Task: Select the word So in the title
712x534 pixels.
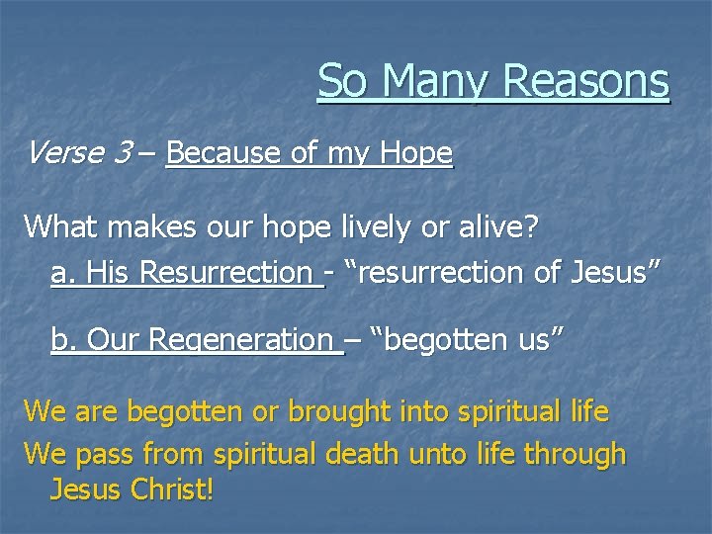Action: (344, 81)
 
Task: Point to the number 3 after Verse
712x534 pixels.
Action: (124, 153)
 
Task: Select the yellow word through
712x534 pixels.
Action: (575, 455)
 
